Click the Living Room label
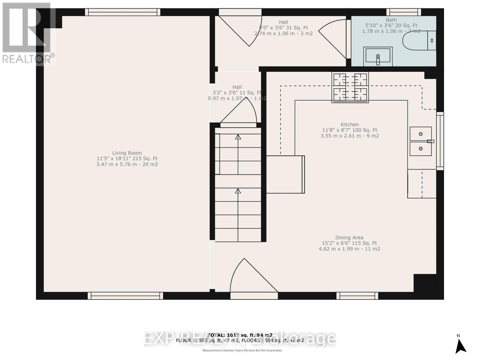coord(127,153)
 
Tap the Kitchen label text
coord(349,124)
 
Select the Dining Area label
coord(349,238)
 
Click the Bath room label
coord(391,20)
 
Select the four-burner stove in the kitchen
coord(350,87)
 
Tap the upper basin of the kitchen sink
coord(421,134)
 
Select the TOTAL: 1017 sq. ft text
coord(240,335)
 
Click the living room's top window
coord(122,12)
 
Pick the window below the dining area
coord(357,296)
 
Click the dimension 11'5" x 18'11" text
coord(127,159)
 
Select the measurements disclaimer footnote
coord(242,350)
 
